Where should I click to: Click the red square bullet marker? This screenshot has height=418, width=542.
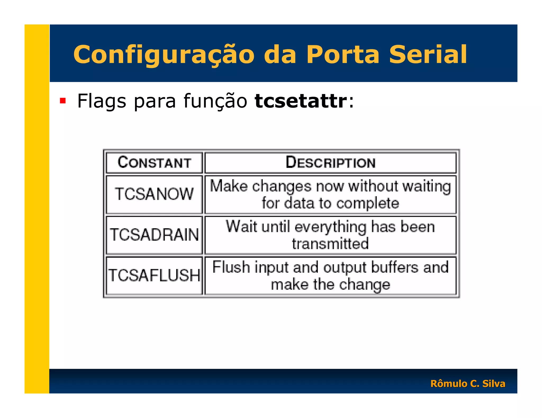[63, 101]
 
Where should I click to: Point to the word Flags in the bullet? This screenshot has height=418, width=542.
[102, 101]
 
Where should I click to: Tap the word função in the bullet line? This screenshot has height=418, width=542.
[215, 101]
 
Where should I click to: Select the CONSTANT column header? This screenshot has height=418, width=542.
[154, 162]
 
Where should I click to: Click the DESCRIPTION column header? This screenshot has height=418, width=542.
[331, 162]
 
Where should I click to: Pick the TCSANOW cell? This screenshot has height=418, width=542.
[154, 194]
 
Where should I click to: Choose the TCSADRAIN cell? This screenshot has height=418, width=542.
[154, 235]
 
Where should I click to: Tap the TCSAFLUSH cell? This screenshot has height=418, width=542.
[154, 275]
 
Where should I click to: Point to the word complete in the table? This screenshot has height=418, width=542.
[368, 203]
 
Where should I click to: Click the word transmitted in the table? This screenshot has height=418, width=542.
[330, 243]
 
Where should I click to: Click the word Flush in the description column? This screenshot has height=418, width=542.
[231, 267]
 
